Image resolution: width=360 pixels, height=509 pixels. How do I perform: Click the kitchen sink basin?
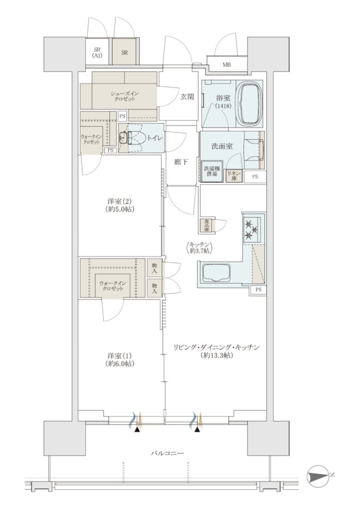(x=216, y=273)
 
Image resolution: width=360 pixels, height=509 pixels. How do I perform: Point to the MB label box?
(x=227, y=64)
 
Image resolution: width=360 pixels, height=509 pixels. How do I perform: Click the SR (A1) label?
(x=97, y=52)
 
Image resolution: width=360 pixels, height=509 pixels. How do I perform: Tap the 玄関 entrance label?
(x=187, y=96)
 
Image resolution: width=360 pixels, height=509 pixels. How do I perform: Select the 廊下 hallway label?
(x=181, y=162)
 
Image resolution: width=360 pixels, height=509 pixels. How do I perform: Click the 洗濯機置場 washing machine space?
(x=212, y=171)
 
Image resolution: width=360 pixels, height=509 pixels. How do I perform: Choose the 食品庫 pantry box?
(x=206, y=225)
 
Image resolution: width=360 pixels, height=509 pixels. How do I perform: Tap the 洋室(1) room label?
(x=120, y=360)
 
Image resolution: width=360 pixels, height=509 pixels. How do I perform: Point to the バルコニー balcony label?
(x=168, y=453)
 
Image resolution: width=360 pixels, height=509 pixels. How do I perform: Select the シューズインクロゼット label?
(x=123, y=96)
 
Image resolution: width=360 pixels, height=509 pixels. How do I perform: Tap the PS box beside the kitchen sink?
(x=258, y=290)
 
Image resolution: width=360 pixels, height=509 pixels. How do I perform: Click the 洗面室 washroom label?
(x=222, y=146)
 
